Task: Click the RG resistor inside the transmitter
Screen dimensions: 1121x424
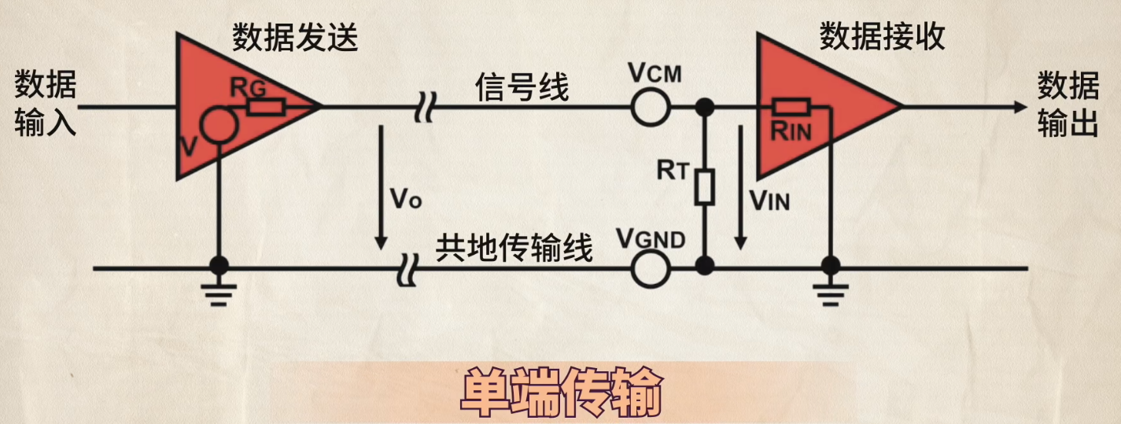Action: click(x=266, y=107)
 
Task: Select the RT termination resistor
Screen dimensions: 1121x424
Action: click(x=704, y=187)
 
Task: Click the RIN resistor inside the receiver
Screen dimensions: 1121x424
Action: click(x=791, y=107)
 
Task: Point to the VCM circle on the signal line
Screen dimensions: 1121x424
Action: click(x=650, y=107)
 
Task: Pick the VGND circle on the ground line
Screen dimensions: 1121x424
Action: click(x=650, y=269)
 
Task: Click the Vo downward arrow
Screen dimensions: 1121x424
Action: click(x=381, y=188)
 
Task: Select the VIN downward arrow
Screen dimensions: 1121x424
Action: click(x=740, y=188)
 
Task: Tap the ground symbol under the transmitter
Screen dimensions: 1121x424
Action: click(x=219, y=294)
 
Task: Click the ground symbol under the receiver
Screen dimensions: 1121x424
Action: click(x=831, y=294)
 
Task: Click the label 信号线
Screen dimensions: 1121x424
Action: click(x=522, y=87)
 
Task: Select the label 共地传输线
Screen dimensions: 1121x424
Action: click(x=514, y=247)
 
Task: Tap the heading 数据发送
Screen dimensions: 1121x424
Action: click(x=295, y=38)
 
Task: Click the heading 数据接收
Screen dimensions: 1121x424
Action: click(x=882, y=36)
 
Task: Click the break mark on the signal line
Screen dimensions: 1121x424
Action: click(x=426, y=107)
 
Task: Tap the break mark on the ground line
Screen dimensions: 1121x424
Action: click(x=407, y=269)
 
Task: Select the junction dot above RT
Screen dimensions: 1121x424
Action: click(x=705, y=107)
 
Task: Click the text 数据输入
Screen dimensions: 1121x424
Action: click(x=45, y=103)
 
